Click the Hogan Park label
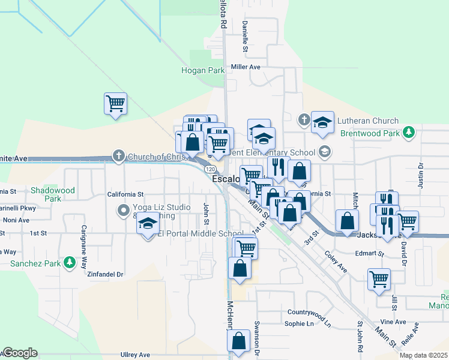[203, 71]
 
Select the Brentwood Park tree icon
[409, 132]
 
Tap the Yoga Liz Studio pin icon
[124, 210]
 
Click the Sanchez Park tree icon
[70, 263]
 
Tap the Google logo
[19, 353]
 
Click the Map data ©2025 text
[423, 355]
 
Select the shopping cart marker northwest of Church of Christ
[115, 103]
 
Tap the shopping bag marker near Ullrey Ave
[238, 340]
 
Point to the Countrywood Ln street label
[309, 313]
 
